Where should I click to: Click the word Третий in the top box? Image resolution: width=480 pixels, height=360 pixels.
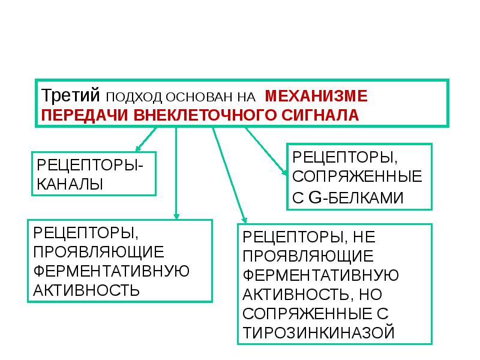70,95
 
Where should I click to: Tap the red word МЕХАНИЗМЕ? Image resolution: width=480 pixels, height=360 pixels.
316,96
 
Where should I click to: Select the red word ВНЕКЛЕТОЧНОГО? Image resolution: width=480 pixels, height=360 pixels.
205,115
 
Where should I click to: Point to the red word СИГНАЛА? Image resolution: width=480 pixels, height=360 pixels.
320,115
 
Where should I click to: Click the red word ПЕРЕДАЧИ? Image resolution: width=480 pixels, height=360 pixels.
85,115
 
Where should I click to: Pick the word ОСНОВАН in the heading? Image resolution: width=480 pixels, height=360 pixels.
199,97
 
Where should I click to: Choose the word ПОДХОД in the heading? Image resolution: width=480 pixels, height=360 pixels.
134,97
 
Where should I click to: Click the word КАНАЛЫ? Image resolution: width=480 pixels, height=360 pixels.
70,184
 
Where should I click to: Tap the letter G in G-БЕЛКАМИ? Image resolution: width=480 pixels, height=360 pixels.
315,197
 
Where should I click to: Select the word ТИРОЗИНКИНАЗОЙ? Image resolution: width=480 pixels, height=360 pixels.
319,333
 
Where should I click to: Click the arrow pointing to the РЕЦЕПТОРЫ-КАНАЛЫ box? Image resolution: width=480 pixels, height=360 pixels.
146,139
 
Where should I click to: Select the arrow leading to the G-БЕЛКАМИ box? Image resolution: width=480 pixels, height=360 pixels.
266,151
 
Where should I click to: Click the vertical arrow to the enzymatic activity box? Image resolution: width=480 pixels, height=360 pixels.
176,173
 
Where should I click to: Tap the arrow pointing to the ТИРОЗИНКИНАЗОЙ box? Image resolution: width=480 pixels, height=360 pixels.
230,175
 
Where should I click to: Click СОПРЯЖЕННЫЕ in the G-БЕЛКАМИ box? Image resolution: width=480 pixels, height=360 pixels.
357,176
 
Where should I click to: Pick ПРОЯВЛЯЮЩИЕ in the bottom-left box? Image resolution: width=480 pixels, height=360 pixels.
98,252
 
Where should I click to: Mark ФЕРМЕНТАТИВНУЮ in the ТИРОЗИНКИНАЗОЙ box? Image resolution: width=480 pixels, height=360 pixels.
321,275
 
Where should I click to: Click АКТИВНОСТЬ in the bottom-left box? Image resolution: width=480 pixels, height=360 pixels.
86,290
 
